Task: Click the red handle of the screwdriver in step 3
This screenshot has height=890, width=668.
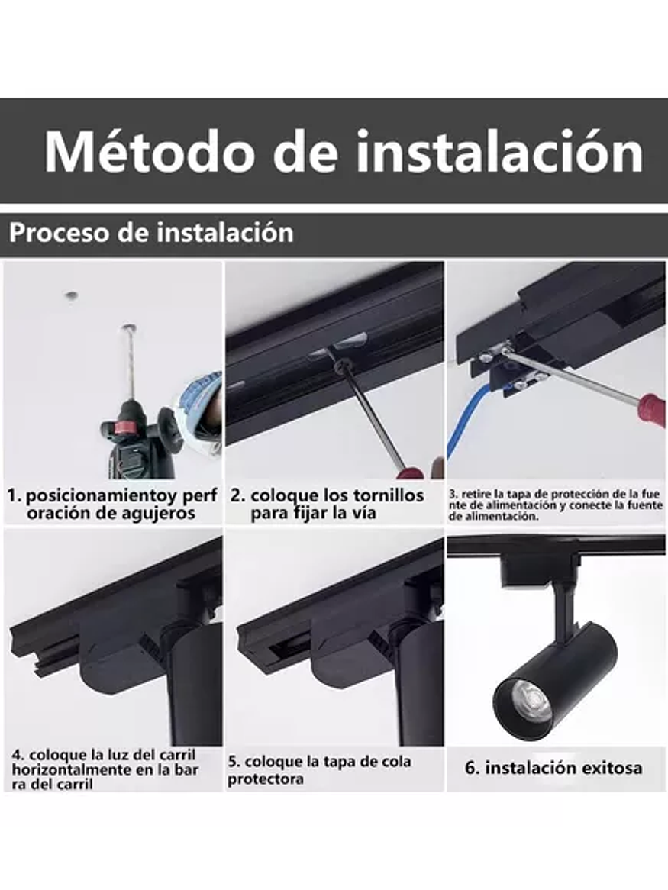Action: pyautogui.click(x=651, y=410)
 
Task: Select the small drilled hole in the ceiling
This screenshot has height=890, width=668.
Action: pyautogui.click(x=71, y=295)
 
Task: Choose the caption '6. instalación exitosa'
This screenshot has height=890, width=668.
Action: pyautogui.click(x=553, y=768)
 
